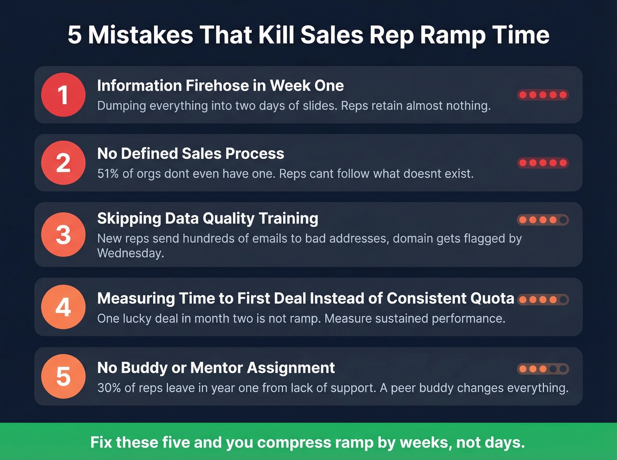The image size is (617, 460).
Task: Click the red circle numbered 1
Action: [63, 95]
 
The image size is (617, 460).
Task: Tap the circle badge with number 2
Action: [63, 162]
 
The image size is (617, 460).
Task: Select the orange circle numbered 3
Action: [63, 234]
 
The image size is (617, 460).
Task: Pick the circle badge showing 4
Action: [63, 307]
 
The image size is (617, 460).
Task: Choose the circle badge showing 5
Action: [63, 376]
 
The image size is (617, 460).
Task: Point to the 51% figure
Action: [108, 174]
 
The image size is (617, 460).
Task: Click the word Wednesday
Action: [130, 254]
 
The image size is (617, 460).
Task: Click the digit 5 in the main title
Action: [74, 35]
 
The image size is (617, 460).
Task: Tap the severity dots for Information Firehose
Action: [543, 95]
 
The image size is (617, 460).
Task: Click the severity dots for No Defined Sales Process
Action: [543, 163]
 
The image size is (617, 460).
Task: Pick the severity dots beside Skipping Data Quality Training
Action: [543, 220]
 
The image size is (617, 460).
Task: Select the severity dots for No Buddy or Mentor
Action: [543, 369]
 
